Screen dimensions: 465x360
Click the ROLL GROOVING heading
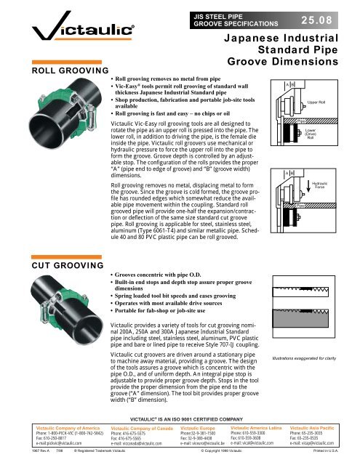52,71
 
